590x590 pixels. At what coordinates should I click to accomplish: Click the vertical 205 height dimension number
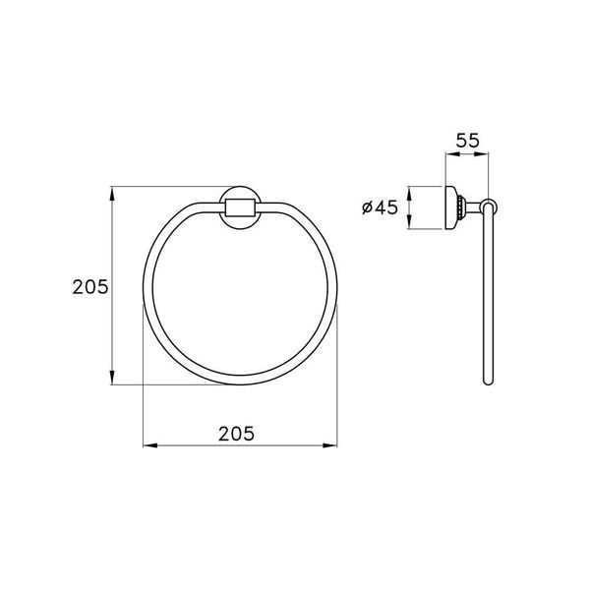[x=88, y=286]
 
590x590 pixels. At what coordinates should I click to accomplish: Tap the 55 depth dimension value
[x=467, y=141]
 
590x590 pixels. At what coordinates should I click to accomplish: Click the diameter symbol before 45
[x=365, y=207]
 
